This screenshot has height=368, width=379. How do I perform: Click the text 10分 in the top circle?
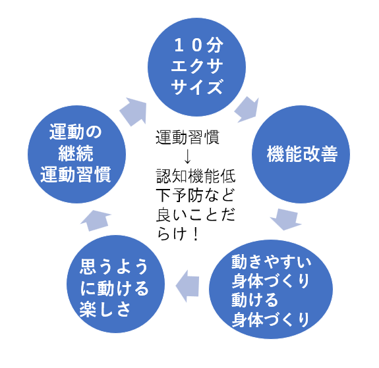tap(198, 45)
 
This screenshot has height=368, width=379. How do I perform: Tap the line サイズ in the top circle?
tap(197, 87)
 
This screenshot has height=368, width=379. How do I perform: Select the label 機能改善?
tap(302, 154)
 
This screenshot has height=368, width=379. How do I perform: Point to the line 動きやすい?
tap(271, 262)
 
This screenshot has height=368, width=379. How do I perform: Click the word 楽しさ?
tap(105, 309)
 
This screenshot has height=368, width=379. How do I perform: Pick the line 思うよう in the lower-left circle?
tap(113, 267)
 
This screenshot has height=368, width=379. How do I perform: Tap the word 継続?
tap(76, 153)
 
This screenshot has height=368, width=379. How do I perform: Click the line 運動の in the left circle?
tap(76, 132)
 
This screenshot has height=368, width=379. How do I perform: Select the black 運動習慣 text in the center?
tap(187, 138)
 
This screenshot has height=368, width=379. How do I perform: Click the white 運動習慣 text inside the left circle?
tap(76, 174)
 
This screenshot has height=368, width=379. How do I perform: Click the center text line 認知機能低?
tap(195, 176)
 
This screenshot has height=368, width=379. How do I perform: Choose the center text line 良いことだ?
tap(195, 215)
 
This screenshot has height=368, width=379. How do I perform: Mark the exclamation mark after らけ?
tap(196, 234)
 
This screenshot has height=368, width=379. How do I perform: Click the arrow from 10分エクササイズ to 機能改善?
tap(247, 109)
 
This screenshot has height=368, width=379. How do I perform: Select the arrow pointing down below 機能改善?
tap(286, 219)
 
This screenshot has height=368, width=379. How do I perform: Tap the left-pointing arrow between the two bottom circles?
tap(188, 286)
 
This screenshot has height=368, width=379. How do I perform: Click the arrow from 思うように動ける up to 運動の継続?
tap(96, 221)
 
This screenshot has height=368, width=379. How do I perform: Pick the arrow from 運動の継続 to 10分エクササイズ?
tap(133, 112)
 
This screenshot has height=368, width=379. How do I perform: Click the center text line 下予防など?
tap(195, 196)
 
